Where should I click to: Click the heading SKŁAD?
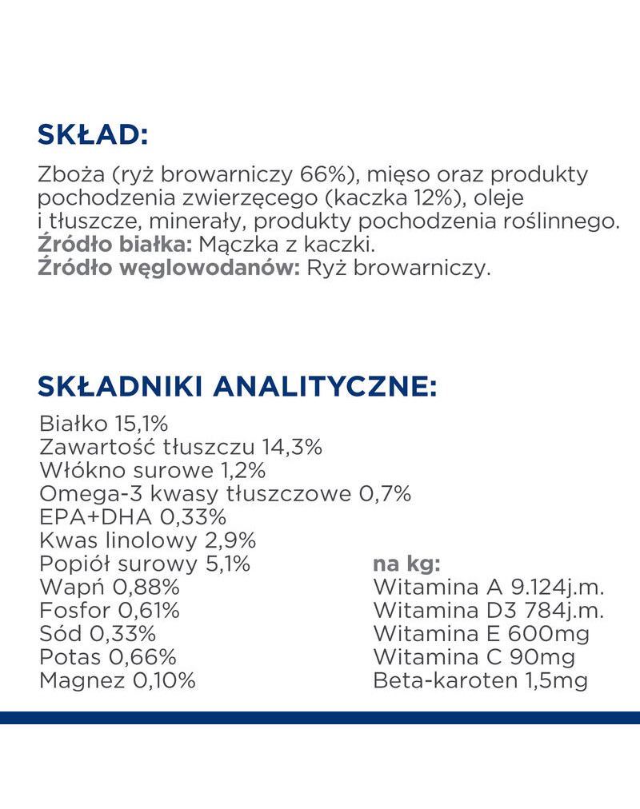93,134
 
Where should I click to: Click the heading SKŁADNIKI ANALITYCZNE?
237,387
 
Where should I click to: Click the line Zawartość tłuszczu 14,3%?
180,447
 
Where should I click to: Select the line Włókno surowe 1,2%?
151,470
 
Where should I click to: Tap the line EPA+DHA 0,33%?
132,516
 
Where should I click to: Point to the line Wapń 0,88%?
109,588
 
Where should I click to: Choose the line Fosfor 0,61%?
109,611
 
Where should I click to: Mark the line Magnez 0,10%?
117,681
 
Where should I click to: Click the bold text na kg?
407,564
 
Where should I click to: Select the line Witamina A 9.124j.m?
488,588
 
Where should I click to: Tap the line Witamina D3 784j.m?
488,611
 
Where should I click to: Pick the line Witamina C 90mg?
474,657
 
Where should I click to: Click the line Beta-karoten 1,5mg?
480,681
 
